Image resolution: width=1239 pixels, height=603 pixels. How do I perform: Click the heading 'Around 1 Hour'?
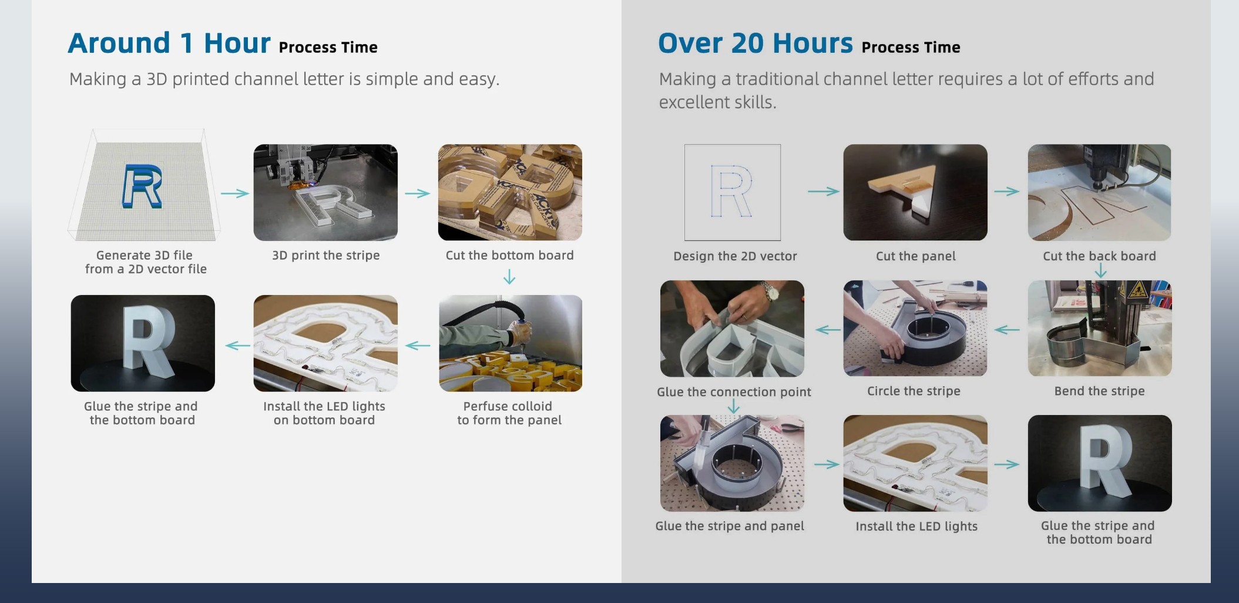tap(169, 43)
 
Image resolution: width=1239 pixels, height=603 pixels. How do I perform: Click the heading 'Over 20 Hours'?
tap(756, 43)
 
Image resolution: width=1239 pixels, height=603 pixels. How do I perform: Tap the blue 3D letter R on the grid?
tap(142, 186)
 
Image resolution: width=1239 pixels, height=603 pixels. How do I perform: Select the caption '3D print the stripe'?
tap(325, 255)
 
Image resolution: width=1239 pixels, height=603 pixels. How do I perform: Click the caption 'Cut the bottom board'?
tap(509, 255)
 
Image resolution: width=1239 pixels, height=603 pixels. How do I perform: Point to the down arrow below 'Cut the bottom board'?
tap(509, 277)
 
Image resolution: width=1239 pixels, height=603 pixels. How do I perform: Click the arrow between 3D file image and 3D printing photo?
tap(235, 193)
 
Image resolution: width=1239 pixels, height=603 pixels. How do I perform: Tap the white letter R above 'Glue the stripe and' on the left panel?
tap(149, 341)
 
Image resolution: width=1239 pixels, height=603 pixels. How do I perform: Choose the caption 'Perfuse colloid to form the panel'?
tap(509, 413)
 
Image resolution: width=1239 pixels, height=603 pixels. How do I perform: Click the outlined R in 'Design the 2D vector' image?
tap(731, 191)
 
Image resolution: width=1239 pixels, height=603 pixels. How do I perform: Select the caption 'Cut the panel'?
tap(915, 256)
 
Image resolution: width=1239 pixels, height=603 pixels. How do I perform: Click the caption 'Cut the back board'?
tap(1099, 256)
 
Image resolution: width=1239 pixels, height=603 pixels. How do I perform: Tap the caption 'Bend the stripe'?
tap(1099, 391)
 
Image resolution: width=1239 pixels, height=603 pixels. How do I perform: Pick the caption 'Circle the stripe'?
tap(914, 391)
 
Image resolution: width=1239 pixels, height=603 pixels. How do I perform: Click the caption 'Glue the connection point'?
tap(734, 392)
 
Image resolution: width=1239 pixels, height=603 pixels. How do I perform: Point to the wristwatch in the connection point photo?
tap(768, 291)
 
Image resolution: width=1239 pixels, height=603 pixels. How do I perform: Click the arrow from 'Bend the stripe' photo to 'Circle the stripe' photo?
tap(1007, 330)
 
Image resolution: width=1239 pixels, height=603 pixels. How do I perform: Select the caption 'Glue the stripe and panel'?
tap(730, 526)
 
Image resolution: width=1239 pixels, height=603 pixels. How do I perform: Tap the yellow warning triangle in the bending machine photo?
tap(1137, 289)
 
